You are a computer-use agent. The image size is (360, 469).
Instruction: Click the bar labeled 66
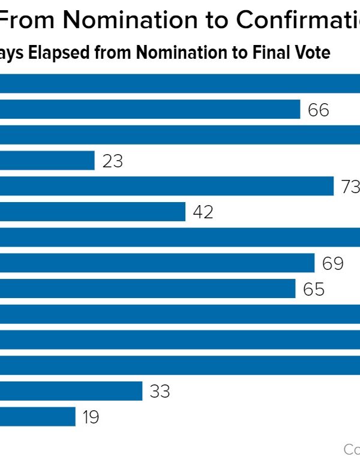pyautogui.click(x=150, y=109)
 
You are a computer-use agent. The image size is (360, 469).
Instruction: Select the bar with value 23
pyautogui.click(x=47, y=161)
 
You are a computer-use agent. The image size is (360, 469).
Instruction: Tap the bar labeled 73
pyautogui.click(x=167, y=186)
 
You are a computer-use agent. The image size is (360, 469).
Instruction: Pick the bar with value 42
pyautogui.click(x=92, y=212)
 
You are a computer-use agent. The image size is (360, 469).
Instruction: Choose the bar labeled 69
pyautogui.click(x=157, y=263)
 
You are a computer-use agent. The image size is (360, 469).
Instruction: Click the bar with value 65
pyautogui.click(x=148, y=288)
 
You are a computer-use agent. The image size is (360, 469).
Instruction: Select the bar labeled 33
pyautogui.click(x=71, y=391)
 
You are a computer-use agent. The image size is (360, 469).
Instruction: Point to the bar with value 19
pyautogui.click(x=38, y=417)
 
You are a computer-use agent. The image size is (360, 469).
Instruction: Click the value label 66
pyautogui.click(x=319, y=110)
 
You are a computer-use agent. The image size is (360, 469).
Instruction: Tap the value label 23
pyautogui.click(x=113, y=161)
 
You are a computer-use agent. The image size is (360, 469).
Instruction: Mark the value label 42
pyautogui.click(x=203, y=212)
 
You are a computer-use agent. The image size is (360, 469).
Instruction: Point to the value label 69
pyautogui.click(x=333, y=263)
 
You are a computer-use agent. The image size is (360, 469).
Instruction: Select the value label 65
pyautogui.click(x=314, y=289)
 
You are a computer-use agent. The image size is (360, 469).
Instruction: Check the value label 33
pyautogui.click(x=160, y=392)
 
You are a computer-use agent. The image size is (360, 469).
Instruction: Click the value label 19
pyautogui.click(x=91, y=417)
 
